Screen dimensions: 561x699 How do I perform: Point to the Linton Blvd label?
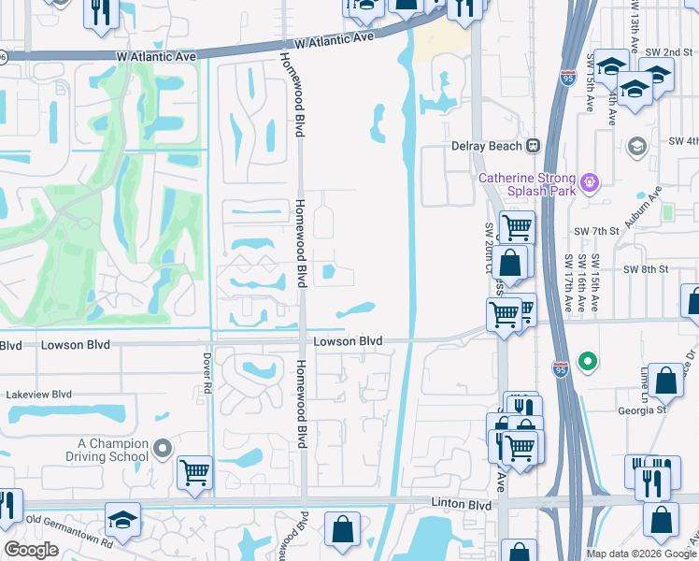462,504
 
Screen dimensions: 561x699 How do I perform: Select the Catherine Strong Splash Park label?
531,184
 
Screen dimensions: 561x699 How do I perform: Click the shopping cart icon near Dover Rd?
194,472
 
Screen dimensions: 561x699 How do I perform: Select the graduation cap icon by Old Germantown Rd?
122,519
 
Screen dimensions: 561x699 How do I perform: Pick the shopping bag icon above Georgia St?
665,380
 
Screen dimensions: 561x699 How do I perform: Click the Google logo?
31,550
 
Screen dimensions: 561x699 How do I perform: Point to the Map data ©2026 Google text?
641,554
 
